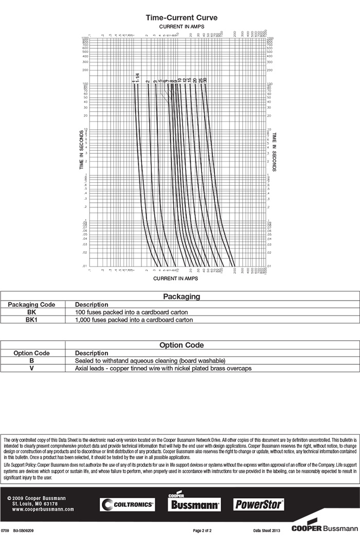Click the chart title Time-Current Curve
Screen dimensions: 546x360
182,18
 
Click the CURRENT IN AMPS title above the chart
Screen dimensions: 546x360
182,26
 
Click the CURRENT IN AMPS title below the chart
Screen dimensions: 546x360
175,278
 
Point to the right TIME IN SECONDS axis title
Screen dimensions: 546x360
275,152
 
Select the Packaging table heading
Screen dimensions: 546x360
182,296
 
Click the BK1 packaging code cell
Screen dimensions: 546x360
31,320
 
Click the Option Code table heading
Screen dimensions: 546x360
182,345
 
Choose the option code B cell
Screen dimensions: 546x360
31,361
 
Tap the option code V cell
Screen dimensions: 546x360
31,368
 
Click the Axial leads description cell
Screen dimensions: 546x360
163,368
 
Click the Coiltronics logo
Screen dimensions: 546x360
127,505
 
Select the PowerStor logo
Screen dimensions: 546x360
259,504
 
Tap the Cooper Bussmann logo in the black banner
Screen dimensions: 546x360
194,503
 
